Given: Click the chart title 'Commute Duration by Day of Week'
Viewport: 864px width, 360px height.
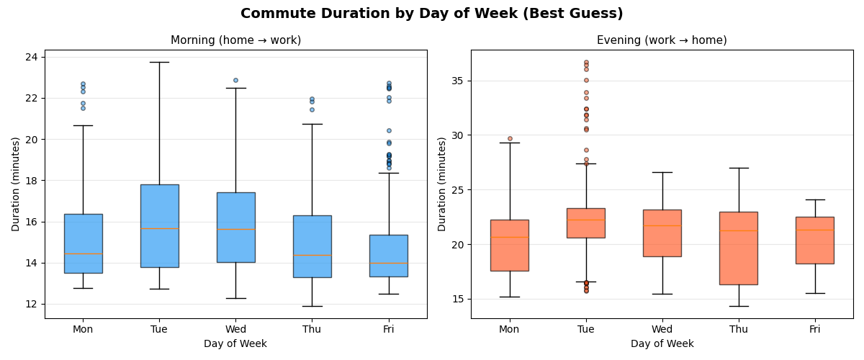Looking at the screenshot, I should (x=431, y=14).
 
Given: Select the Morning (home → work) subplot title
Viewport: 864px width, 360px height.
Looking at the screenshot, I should (x=235, y=40).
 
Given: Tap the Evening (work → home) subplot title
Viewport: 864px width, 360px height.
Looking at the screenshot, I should (x=662, y=40).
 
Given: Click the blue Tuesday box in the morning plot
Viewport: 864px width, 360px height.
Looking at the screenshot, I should (x=159, y=226).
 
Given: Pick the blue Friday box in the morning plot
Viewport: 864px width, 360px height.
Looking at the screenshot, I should (x=388, y=256).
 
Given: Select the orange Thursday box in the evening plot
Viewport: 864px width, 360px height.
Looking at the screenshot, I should (x=738, y=248).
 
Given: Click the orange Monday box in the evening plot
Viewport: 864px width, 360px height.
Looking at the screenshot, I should (x=509, y=246).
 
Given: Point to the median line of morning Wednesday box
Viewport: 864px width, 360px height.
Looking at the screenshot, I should (x=235, y=229).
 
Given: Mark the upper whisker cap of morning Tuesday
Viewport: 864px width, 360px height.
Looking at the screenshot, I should (x=159, y=62).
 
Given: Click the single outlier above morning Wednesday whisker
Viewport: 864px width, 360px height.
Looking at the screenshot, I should (x=235, y=80).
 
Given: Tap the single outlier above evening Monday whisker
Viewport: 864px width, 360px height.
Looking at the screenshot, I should (x=510, y=138).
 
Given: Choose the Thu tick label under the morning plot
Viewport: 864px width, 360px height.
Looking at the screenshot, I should (x=312, y=329).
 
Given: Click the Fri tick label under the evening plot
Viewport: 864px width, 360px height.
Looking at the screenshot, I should (x=814, y=329).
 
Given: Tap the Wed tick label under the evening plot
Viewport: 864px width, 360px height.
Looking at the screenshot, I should (x=662, y=329).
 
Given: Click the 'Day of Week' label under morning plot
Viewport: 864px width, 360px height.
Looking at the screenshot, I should (x=235, y=344).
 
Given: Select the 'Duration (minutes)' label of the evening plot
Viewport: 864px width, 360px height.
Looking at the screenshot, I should (x=442, y=184).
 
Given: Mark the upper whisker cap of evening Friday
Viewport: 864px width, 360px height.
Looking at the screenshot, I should (x=814, y=199).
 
